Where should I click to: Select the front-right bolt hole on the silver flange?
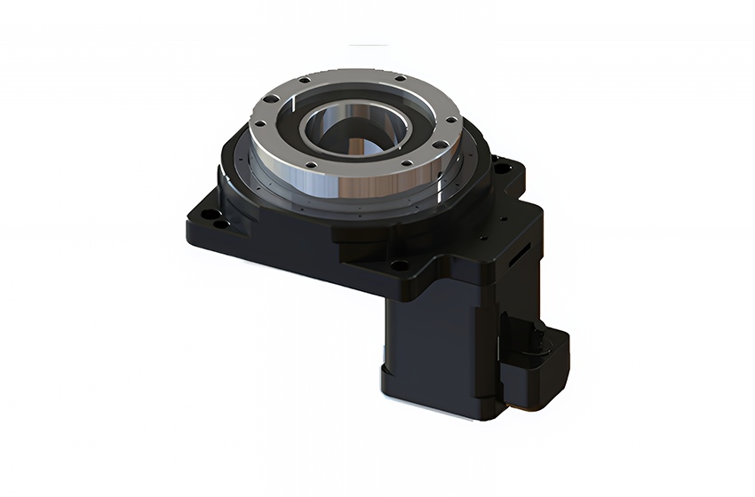point(405,162)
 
